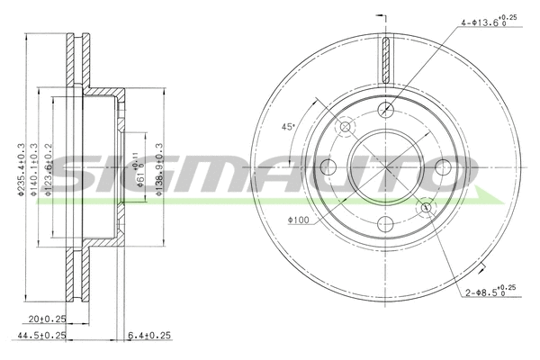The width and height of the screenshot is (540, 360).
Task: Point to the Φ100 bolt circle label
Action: coord(300,220)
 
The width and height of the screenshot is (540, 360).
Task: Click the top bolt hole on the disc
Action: coord(386,110)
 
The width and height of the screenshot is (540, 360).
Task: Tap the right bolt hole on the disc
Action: coord(443,166)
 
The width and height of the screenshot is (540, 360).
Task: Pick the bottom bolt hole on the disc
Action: coord(386,224)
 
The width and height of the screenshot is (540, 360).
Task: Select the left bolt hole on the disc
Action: coord(329,166)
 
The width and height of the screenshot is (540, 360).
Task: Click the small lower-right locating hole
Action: coord(426,208)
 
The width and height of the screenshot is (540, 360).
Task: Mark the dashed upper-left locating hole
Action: coord(346,127)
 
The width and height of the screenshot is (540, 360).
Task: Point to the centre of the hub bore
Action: coord(386,166)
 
